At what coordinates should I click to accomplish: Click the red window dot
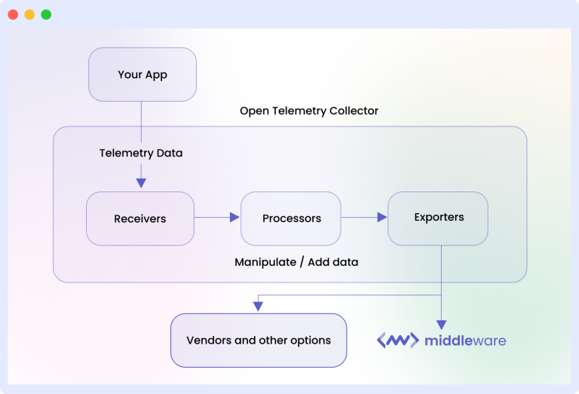click(13, 14)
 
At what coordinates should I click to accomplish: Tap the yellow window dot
click(29, 14)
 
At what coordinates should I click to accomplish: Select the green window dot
click(46, 14)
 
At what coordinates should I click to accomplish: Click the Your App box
click(142, 75)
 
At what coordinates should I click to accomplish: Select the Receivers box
click(140, 218)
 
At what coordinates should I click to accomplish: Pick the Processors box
click(291, 218)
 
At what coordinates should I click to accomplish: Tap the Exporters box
click(438, 218)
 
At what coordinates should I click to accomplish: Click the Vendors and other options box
click(259, 341)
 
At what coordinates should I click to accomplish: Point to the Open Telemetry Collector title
click(309, 111)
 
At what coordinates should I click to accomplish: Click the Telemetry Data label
click(141, 153)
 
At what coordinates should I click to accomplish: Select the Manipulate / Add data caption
click(296, 262)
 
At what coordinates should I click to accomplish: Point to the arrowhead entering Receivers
click(141, 183)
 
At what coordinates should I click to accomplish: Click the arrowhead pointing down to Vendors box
click(258, 305)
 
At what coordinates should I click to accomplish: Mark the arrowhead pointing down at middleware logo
click(441, 323)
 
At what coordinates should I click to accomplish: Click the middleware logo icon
click(397, 341)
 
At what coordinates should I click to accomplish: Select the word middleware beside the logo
click(464, 341)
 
